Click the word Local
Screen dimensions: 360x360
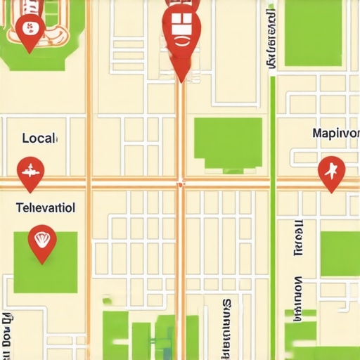[39, 138]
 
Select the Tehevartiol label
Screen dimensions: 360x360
[45, 208]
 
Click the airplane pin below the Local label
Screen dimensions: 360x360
[30, 171]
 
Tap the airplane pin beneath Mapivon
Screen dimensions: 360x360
[331, 171]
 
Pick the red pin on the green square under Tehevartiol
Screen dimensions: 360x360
[42, 242]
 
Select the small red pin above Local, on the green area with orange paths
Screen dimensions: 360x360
[30, 30]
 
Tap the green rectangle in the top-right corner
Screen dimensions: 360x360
[313, 34]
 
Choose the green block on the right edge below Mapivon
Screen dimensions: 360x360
[340, 253]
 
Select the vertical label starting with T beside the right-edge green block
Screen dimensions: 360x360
[298, 239]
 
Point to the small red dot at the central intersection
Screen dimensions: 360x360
[181, 184]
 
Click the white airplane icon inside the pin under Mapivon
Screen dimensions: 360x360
[331, 169]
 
